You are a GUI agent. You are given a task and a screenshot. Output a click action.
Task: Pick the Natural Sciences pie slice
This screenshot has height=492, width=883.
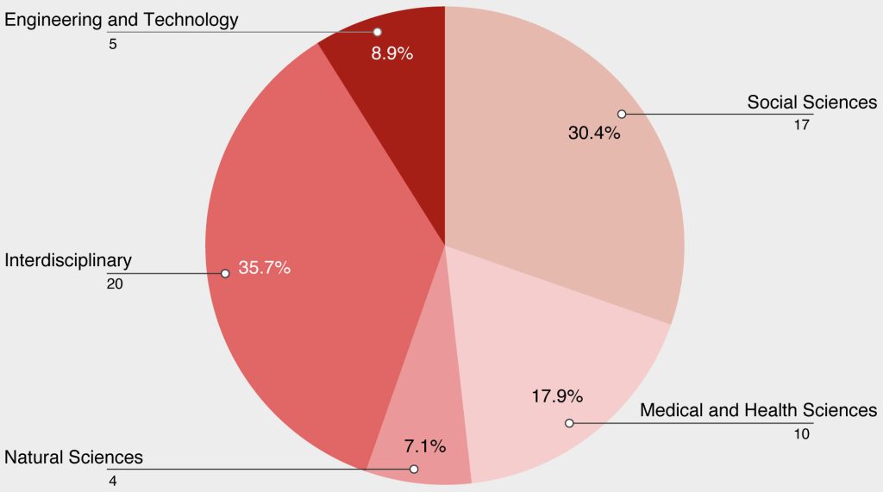pyautogui.click(x=423, y=422)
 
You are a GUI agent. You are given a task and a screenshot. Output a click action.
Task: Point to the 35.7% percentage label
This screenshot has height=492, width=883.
pyautogui.click(x=265, y=268)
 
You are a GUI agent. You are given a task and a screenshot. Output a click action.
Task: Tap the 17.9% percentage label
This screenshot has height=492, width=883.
pyautogui.click(x=557, y=396)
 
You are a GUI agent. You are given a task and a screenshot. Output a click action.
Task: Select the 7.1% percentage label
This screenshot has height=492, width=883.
pyautogui.click(x=424, y=446)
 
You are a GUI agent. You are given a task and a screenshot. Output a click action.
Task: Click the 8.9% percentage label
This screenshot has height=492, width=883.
pyautogui.click(x=392, y=53)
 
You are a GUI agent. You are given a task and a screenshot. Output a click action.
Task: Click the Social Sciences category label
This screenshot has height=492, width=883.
pyautogui.click(x=811, y=103)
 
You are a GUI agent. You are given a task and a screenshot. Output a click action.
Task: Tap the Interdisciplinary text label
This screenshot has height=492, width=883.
pyautogui.click(x=68, y=259)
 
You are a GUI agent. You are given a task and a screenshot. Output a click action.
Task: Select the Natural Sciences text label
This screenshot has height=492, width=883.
pyautogui.click(x=74, y=457)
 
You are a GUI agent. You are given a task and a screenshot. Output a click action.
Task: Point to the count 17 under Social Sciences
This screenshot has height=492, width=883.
pyautogui.click(x=802, y=125)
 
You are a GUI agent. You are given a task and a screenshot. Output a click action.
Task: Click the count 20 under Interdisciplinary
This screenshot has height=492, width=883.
pyautogui.click(x=116, y=283)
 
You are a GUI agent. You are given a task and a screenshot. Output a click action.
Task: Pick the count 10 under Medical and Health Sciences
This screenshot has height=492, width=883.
pyautogui.click(x=802, y=433)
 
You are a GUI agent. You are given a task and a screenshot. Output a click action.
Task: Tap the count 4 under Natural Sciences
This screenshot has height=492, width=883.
pyautogui.click(x=113, y=479)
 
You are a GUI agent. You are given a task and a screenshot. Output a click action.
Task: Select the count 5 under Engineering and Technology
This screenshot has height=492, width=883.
pyautogui.click(x=113, y=43)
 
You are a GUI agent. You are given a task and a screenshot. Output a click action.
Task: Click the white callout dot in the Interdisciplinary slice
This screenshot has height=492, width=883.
pyautogui.click(x=225, y=273)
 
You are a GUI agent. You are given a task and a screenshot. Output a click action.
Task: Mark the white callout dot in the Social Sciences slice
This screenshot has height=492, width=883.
pyautogui.click(x=621, y=114)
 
